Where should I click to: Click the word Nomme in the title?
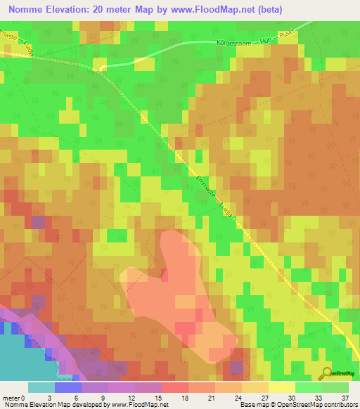[x=27, y=10]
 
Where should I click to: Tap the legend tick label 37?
[x=345, y=397]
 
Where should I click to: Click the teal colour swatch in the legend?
[x=41, y=387]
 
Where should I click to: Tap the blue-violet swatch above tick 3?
[x=67, y=387]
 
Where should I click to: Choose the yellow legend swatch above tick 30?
[x=281, y=387]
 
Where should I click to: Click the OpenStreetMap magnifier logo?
[x=327, y=373]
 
